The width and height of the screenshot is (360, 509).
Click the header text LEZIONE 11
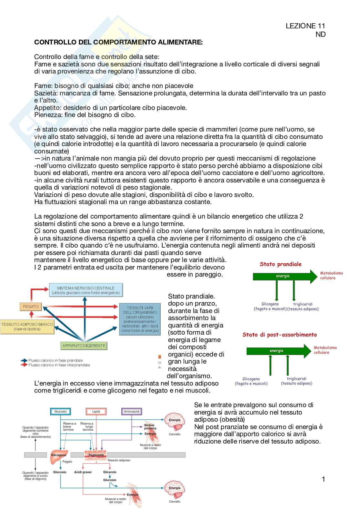coord(305,26)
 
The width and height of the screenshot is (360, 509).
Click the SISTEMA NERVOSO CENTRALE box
coord(85,290)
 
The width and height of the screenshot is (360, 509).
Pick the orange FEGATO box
coord(31,307)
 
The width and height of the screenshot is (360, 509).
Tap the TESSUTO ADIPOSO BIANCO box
coord(27,327)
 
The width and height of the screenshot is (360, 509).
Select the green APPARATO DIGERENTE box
coord(84,346)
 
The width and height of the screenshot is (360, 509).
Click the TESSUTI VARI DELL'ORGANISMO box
coord(140,319)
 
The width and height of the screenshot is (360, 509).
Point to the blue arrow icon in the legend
coord(24,360)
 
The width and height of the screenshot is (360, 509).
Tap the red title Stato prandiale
coord(280,264)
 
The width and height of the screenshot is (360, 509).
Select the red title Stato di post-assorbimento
coord(280,335)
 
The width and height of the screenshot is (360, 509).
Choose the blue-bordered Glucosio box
coord(60,412)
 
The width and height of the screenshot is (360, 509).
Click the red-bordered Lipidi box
coord(96,412)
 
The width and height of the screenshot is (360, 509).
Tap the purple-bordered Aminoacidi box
coord(132,412)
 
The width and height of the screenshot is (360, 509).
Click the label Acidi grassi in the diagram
coord(83,472)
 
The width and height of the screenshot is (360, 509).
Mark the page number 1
coord(323,479)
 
